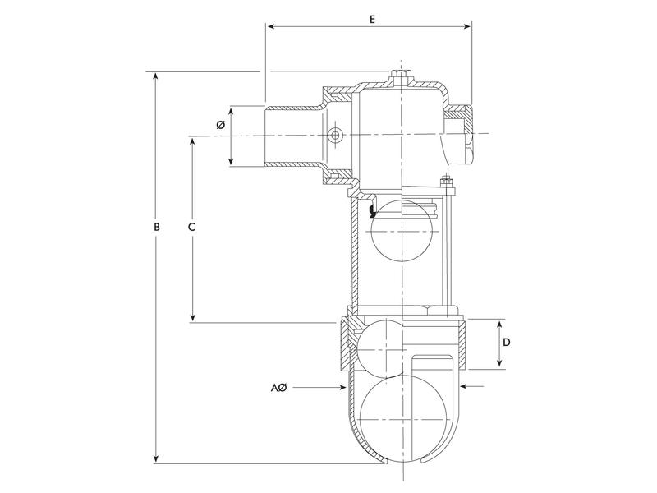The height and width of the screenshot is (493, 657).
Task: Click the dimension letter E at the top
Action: coord(372,17)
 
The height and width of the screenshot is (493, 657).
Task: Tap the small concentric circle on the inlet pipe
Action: coord(334,136)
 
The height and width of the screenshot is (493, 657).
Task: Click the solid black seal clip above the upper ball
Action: coord(372,212)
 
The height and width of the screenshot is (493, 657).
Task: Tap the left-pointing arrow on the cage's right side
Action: coord(467,385)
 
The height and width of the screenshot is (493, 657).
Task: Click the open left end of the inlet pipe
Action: coord(265,136)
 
